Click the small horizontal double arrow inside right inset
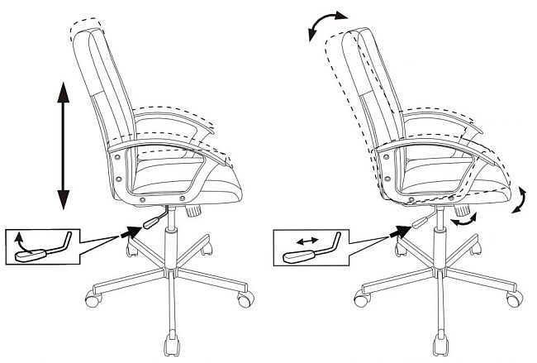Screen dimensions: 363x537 (x=307, y=241)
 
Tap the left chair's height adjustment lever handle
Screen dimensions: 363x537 (x=152, y=221)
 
